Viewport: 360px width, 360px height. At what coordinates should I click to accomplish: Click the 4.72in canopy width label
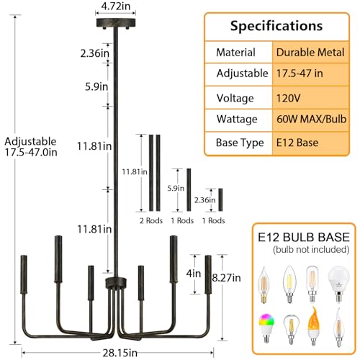[116, 6]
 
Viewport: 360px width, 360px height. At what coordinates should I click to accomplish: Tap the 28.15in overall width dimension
[120, 353]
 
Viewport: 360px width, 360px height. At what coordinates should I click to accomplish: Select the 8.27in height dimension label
[226, 278]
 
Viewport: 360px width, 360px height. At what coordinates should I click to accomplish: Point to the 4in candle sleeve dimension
[194, 274]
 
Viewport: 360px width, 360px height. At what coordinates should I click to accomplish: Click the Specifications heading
[276, 26]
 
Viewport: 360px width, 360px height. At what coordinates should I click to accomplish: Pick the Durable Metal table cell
[310, 53]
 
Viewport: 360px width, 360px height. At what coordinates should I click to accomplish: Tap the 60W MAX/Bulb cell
[310, 120]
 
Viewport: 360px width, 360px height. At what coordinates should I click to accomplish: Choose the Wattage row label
[237, 120]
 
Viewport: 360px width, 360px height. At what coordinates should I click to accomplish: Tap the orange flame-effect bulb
[314, 326]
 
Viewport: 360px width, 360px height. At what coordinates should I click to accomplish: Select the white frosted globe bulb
[338, 283]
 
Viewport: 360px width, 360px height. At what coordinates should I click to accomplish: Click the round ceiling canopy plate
[116, 23]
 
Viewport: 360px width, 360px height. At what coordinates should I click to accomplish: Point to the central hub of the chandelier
[116, 283]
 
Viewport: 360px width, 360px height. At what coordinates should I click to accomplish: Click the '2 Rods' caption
[151, 220]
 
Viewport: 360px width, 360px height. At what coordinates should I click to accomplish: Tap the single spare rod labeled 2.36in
[220, 199]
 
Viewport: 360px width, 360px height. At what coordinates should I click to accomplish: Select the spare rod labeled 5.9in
[189, 190]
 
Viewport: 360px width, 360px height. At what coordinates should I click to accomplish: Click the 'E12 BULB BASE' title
[304, 237]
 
